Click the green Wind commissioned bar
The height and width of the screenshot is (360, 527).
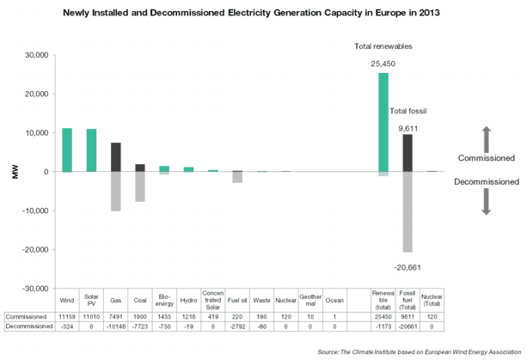[x=66, y=150]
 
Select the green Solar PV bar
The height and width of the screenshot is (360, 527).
[x=91, y=150]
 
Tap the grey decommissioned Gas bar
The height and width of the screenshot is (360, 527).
[x=116, y=191]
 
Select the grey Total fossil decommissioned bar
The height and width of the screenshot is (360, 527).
[x=408, y=211]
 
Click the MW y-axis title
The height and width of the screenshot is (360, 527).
[x=14, y=172]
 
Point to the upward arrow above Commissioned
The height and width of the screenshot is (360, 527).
[x=485, y=137]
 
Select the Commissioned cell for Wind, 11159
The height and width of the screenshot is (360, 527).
[x=66, y=316]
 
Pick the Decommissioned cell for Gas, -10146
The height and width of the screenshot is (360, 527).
[x=116, y=327]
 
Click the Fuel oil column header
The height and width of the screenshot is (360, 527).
[x=237, y=301]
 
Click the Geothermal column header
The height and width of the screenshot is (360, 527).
[x=310, y=301]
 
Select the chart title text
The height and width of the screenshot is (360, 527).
[x=262, y=15]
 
